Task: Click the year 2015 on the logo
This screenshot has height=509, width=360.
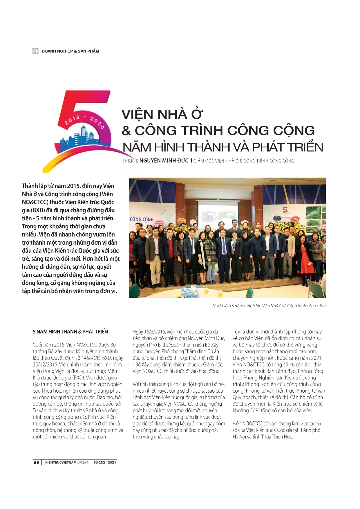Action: tap(72, 120)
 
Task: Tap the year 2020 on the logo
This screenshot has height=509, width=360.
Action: tap(97, 122)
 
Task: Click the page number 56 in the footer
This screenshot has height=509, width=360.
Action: tap(36, 462)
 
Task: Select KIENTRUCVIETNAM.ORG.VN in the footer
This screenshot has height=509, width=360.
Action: tap(67, 462)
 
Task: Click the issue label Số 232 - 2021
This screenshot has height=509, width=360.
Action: tap(105, 462)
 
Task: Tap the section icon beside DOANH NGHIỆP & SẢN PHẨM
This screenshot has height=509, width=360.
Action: tap(35, 51)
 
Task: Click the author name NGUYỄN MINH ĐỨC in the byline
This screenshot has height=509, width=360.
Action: tap(164, 161)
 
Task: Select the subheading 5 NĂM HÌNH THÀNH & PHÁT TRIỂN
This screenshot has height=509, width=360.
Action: tap(70, 331)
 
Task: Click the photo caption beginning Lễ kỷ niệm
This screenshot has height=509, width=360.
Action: tap(269, 306)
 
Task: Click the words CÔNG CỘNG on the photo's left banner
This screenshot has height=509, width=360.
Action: tap(142, 219)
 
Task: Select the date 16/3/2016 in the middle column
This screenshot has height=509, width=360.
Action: tap(154, 332)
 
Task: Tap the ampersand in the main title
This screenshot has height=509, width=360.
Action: tap(126, 131)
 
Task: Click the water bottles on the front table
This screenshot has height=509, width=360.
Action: tap(191, 294)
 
